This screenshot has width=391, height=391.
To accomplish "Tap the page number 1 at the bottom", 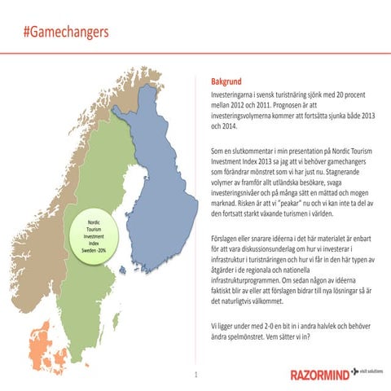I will (196, 375).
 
